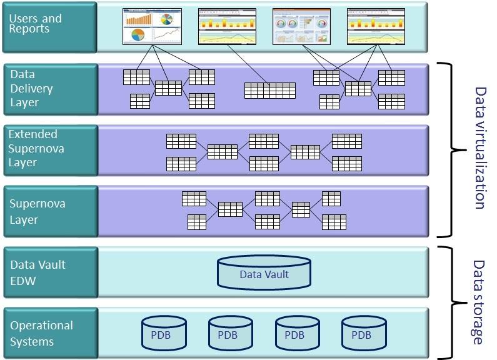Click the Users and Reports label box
[x=50, y=27]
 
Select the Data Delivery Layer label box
[x=50, y=88]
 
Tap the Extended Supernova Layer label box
[x=50, y=148]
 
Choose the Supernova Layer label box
[x=50, y=211]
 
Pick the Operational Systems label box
[x=50, y=334]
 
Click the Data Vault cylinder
[x=264, y=272]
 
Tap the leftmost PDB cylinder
[x=164, y=332]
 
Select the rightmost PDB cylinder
[x=364, y=332]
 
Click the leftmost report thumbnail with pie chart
[x=151, y=26]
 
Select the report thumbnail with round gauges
[x=301, y=26]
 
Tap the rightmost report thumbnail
[x=375, y=26]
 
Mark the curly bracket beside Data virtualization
[x=455, y=149]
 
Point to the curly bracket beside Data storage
[x=455, y=303]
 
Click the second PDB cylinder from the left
[x=231, y=332]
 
